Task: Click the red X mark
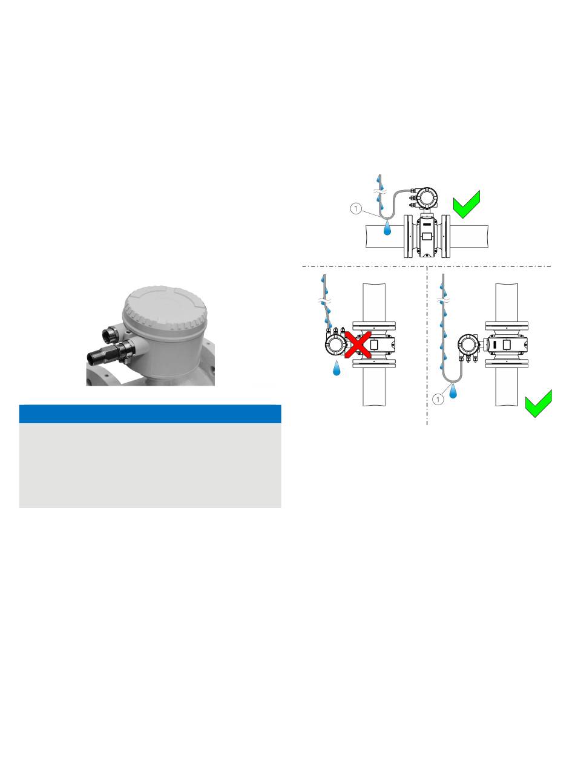(x=358, y=347)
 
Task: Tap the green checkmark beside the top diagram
(x=467, y=205)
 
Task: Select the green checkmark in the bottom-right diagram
(x=537, y=404)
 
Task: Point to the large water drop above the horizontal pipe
(x=387, y=229)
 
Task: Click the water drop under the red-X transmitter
(x=337, y=367)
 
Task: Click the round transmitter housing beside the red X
(x=334, y=346)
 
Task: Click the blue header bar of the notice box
(x=150, y=414)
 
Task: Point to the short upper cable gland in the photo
(x=114, y=332)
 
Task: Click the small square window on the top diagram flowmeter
(x=425, y=237)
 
